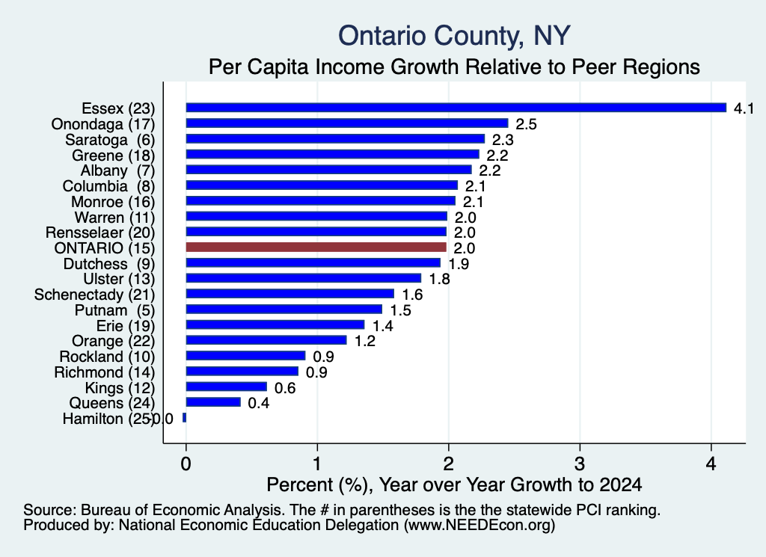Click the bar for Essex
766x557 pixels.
point(456,108)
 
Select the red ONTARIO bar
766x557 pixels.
point(316,247)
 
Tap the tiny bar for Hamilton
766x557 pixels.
point(184,418)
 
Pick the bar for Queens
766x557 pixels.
point(213,402)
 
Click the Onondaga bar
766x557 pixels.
point(347,123)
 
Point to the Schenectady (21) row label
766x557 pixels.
point(94,295)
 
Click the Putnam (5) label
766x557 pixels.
point(114,310)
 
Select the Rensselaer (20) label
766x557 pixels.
point(100,233)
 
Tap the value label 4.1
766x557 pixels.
point(744,108)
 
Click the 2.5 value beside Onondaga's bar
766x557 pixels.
point(526,124)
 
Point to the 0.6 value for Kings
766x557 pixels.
point(285,387)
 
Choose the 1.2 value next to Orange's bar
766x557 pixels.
point(365,341)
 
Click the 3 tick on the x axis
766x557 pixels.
point(580,464)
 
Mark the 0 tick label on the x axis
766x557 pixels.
point(186,464)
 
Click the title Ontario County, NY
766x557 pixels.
point(454,36)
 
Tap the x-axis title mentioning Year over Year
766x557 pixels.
point(454,484)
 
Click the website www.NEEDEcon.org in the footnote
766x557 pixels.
point(479,525)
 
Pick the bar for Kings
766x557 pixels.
point(226,387)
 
